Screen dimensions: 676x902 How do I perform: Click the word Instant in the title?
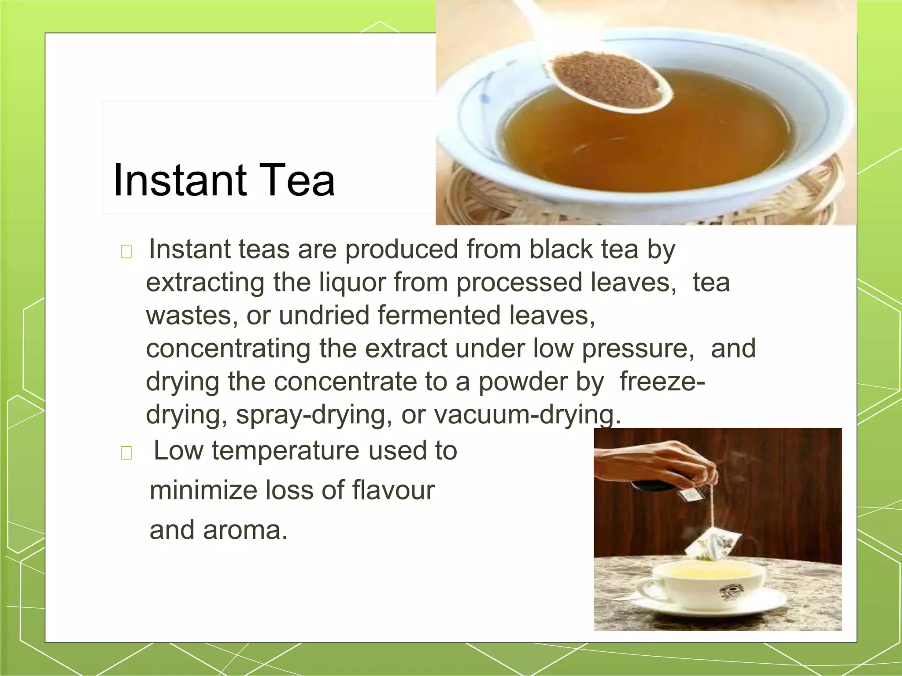pos(180,180)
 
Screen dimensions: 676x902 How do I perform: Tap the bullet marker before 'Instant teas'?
pos(126,252)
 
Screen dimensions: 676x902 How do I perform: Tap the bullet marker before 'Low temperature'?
pos(126,452)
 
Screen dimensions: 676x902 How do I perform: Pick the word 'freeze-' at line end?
pos(662,382)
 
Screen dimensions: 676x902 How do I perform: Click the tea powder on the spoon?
pos(606,79)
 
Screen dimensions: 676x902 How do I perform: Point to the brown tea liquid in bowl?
pos(643,145)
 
